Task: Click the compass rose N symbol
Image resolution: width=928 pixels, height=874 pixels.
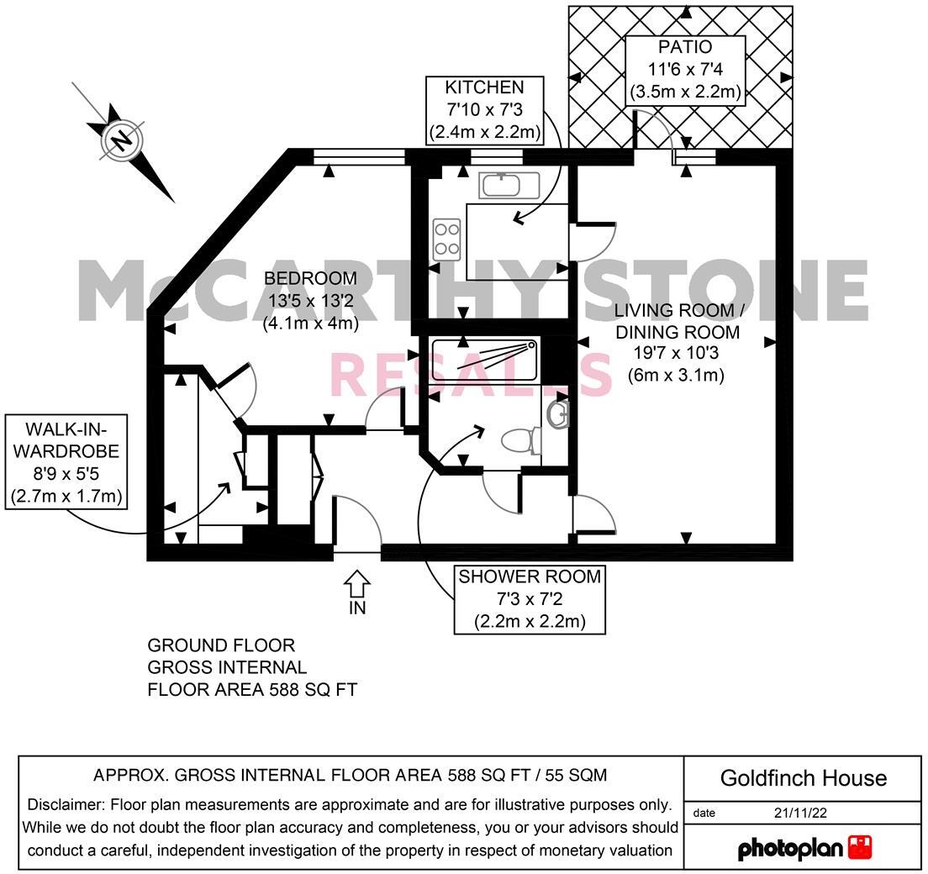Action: [123, 140]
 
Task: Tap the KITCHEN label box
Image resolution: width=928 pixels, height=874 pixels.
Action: [484, 110]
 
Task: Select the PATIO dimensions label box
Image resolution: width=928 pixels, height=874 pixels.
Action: [685, 70]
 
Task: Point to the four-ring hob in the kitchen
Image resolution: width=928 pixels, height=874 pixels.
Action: [446, 239]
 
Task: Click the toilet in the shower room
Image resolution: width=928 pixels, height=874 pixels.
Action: [520, 440]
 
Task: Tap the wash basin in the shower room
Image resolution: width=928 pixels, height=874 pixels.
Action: [558, 413]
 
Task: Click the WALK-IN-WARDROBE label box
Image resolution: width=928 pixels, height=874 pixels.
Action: [66, 461]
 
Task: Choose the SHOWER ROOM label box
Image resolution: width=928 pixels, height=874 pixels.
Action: [529, 599]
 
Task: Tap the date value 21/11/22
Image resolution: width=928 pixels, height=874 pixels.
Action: [802, 813]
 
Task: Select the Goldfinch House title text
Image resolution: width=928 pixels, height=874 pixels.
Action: [803, 777]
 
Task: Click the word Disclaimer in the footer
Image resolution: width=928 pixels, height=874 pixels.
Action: [66, 804]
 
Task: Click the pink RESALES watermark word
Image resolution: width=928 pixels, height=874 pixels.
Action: [471, 375]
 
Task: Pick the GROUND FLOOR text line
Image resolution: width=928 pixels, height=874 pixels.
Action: [221, 645]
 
